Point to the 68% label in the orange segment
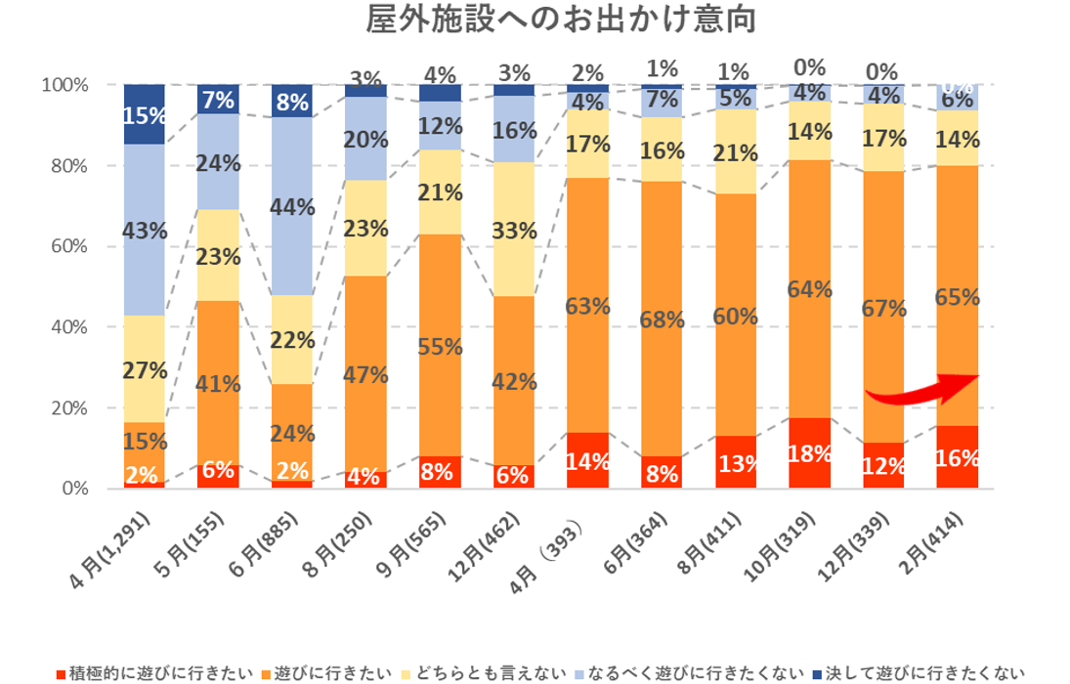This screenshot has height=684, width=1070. (x=663, y=320)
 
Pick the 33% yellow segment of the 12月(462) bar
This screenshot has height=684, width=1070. (x=514, y=232)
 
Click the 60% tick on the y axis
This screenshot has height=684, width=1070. (x=65, y=246)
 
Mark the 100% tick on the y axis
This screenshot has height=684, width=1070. (x=64, y=85)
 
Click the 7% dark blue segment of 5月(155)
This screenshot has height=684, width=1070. (x=218, y=99)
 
